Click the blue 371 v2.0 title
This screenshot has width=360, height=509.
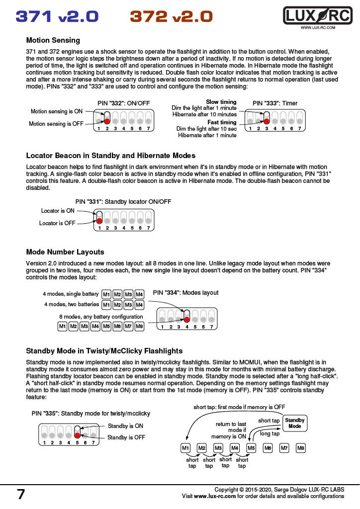pos(57,16)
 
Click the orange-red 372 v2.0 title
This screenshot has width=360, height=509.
pos(171,16)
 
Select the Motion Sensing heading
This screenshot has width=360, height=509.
pos(53,40)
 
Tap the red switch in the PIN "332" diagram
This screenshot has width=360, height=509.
pos(107,121)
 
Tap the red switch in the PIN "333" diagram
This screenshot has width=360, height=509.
pos(267,121)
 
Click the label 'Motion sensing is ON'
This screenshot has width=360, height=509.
pos(57,112)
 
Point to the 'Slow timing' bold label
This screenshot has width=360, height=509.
pos(221,102)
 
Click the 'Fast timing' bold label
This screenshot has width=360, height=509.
pos(222,122)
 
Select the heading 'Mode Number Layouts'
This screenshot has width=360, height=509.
pos(65,252)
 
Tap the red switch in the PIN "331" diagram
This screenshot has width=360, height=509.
pos(99,220)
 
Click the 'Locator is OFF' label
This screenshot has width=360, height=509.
pos(58,223)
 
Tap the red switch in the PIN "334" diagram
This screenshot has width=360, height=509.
pos(187,319)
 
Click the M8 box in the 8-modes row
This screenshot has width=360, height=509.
pos(139,327)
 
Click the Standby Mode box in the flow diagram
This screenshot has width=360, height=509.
pos(295,423)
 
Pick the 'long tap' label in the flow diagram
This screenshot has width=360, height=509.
pos(270,433)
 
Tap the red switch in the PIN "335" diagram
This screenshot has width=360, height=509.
pos(77,435)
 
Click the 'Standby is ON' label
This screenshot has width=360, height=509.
pos(125,426)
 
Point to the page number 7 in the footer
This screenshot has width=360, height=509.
pos(21,494)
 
